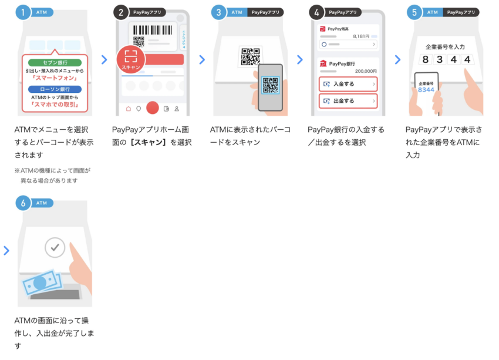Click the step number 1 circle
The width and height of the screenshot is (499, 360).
coord(23,12)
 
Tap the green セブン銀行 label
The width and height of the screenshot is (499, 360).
coord(55,62)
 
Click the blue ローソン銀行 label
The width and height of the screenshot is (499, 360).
coord(55,89)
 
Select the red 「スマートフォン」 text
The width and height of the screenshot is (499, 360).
coord(55,77)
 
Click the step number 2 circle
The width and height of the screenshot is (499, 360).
coord(121,12)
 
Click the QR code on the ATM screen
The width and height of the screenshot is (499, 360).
coord(249,56)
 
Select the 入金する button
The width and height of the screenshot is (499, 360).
coord(348,84)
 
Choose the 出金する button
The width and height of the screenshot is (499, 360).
coord(348,101)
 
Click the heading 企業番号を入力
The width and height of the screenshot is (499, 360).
coord(444,46)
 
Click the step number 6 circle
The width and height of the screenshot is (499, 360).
coord(23,203)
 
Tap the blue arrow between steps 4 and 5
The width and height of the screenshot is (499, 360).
coord(397,59)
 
